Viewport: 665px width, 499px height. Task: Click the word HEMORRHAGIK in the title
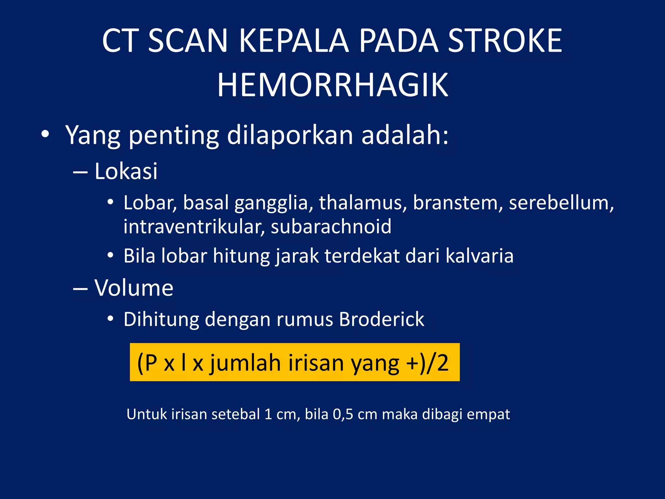click(x=333, y=85)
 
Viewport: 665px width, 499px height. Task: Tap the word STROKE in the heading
click(x=505, y=41)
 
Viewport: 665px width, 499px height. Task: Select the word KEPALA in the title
click(x=294, y=41)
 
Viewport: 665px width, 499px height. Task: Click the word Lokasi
click(x=126, y=171)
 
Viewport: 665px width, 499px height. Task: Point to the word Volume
click(x=134, y=288)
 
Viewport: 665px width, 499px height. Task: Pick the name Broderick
click(x=382, y=319)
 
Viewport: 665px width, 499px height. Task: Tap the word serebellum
click(x=561, y=203)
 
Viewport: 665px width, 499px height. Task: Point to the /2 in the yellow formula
click(x=438, y=363)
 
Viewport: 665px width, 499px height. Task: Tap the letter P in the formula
click(x=151, y=363)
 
